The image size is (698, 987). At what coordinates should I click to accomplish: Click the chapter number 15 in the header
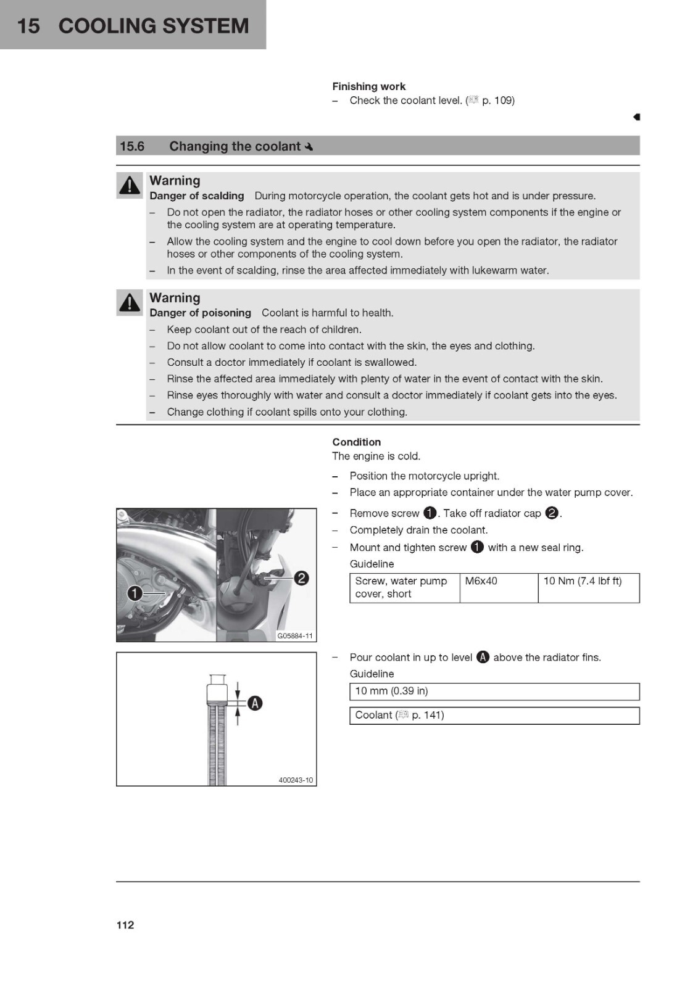coord(28,26)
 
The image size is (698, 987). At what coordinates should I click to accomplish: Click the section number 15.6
coord(132,146)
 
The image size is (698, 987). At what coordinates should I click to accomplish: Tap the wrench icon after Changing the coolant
coord(309,147)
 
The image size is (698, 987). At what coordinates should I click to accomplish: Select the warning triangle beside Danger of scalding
coord(129,185)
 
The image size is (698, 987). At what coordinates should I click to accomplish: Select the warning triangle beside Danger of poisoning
coord(129,302)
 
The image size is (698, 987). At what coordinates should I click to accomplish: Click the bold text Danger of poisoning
coord(200,313)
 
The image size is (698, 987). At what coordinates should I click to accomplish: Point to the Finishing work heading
coord(368,86)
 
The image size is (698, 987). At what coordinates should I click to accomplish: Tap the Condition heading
coord(356,442)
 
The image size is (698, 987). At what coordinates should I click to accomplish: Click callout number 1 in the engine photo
coord(135,593)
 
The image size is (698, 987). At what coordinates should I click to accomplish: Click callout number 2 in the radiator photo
coord(301,578)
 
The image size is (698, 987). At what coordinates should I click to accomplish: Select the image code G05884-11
coord(294,636)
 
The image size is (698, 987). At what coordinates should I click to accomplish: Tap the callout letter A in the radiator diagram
coord(255,703)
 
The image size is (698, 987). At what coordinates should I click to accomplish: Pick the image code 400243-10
coord(296,780)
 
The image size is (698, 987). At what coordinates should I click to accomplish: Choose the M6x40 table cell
coord(499,588)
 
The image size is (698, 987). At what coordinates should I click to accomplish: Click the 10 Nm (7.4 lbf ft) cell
coord(589,588)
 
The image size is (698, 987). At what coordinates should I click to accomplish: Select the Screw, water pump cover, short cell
coord(405,588)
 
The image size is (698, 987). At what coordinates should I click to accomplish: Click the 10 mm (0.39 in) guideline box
coord(494,692)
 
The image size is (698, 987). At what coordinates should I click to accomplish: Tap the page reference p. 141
coord(427,715)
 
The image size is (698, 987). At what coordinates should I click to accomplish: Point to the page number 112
coord(125,925)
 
